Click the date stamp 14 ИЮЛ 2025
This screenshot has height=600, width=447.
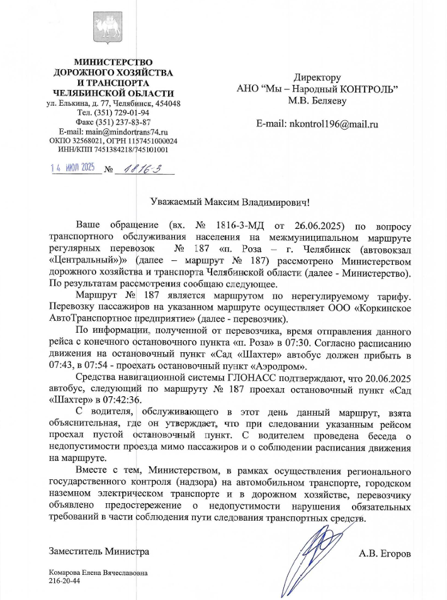[x=73, y=168]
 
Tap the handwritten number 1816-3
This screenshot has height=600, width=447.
[x=143, y=169]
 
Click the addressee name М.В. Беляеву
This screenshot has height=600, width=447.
[x=317, y=99]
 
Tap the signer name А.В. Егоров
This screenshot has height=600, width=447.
[x=385, y=554]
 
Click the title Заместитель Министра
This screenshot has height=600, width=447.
[x=99, y=552]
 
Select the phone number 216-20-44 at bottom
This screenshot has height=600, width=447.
[x=64, y=582]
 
